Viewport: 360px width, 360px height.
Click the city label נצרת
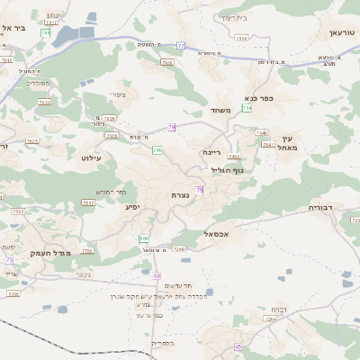tap(179, 194)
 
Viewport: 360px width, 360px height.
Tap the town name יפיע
tap(134, 207)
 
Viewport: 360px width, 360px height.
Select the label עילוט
tap(92, 157)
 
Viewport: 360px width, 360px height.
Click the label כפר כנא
tap(258, 97)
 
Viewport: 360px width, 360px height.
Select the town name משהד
tap(221, 111)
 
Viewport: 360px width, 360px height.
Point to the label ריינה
tap(212, 152)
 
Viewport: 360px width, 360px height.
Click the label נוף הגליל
tap(228, 170)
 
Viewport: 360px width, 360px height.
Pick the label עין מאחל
tap(288, 142)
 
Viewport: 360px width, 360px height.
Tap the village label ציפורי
tap(118, 94)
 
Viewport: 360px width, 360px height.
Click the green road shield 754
tap(247, 108)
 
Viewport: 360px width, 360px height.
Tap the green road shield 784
tap(46, 32)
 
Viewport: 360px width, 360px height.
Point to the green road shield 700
tap(157, 149)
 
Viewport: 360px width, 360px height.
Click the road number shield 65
tap(238, 346)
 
